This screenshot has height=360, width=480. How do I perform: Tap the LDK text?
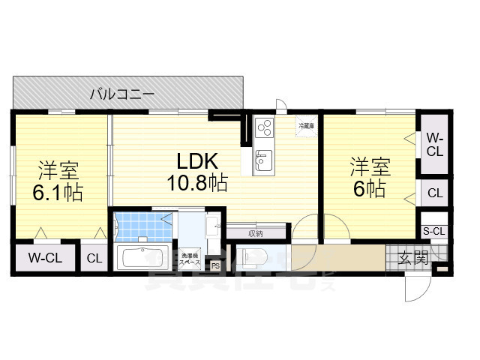point(197,161)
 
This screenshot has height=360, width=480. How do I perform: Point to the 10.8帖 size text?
point(197,182)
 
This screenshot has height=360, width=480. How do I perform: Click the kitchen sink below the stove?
point(264,160)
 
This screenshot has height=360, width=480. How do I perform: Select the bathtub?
point(144,259)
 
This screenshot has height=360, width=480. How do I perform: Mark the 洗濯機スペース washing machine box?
point(189,259)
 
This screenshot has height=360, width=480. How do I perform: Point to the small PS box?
point(216,265)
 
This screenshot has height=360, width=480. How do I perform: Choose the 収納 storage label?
point(255,233)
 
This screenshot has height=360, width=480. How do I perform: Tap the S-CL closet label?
point(434,231)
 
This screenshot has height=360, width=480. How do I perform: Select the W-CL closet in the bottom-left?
point(45,259)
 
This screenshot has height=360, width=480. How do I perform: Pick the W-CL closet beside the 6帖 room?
point(435,144)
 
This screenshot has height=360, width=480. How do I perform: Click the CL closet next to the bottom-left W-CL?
point(94,259)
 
